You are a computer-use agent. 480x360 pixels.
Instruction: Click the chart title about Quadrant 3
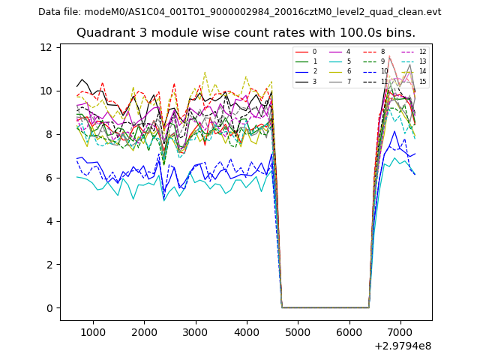pyautogui.click(x=246, y=33)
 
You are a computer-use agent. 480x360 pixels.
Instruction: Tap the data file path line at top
pyautogui.click(x=240, y=12)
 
